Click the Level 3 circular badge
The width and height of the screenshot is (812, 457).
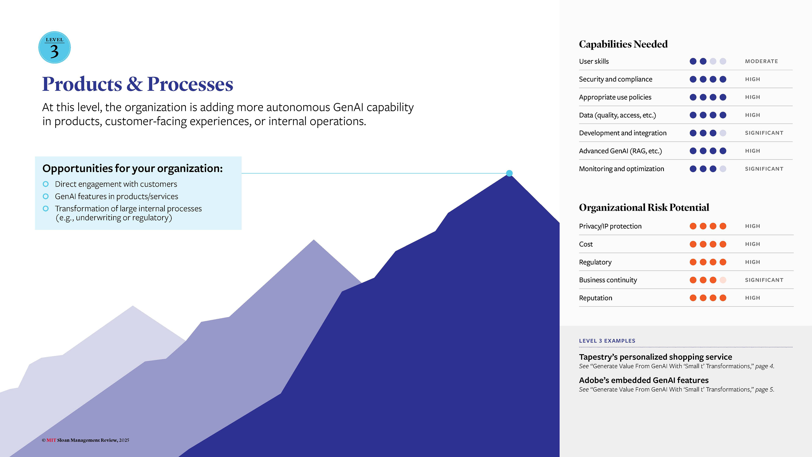pyautogui.click(x=55, y=47)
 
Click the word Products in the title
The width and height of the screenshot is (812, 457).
pyautogui.click(x=82, y=84)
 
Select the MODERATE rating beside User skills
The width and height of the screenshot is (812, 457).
pyautogui.click(x=761, y=61)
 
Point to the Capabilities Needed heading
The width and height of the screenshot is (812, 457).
pyautogui.click(x=623, y=44)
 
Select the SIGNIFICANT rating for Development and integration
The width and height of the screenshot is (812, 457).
pyautogui.click(x=764, y=133)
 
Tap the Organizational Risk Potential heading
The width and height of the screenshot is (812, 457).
pyautogui.click(x=644, y=208)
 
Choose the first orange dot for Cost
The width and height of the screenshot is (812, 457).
pyautogui.click(x=693, y=244)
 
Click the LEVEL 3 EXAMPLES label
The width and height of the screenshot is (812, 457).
pyautogui.click(x=607, y=341)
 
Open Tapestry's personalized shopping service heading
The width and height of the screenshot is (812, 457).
pyautogui.click(x=655, y=357)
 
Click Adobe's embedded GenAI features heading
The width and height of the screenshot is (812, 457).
pyautogui.click(x=644, y=380)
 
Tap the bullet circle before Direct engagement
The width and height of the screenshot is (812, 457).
pyautogui.click(x=46, y=184)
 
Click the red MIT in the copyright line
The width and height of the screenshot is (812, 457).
pyautogui.click(x=51, y=440)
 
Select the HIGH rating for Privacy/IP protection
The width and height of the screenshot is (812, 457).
pyautogui.click(x=752, y=226)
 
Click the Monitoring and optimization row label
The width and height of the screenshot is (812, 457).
pyautogui.click(x=621, y=169)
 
